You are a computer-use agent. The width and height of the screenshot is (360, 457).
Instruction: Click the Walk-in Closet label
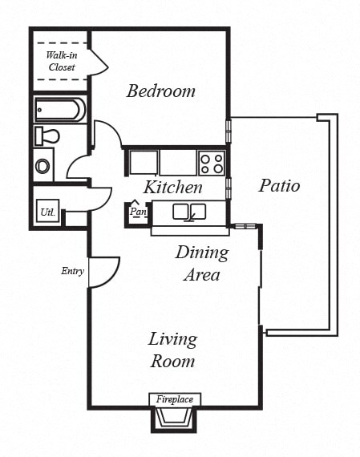tap(61, 62)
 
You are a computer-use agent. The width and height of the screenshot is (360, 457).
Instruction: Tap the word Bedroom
tap(160, 91)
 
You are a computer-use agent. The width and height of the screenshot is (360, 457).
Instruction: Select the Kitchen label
tap(172, 188)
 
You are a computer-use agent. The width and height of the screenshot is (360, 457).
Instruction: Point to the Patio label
tap(279, 186)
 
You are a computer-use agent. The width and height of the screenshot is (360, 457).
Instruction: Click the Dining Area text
tap(202, 264)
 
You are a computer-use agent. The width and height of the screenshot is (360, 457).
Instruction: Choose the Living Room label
tap(172, 350)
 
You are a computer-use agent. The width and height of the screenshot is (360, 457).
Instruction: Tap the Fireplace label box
tap(175, 398)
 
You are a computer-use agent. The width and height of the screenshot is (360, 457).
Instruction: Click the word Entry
tap(72, 271)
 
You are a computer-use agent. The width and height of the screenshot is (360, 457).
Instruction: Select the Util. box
tap(47, 213)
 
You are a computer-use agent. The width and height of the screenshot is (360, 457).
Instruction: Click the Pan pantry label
tap(137, 212)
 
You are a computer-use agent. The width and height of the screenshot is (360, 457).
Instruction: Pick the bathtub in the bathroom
tap(59, 109)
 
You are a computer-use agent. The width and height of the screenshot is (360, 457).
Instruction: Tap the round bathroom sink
tap(43, 167)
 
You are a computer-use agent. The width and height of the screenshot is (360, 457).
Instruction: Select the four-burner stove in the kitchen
tap(212, 163)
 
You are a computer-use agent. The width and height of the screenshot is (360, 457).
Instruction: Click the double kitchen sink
tap(188, 212)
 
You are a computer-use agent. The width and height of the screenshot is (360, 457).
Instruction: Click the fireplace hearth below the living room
tap(175, 418)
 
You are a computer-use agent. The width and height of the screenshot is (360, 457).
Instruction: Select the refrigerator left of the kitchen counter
tap(143, 163)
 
